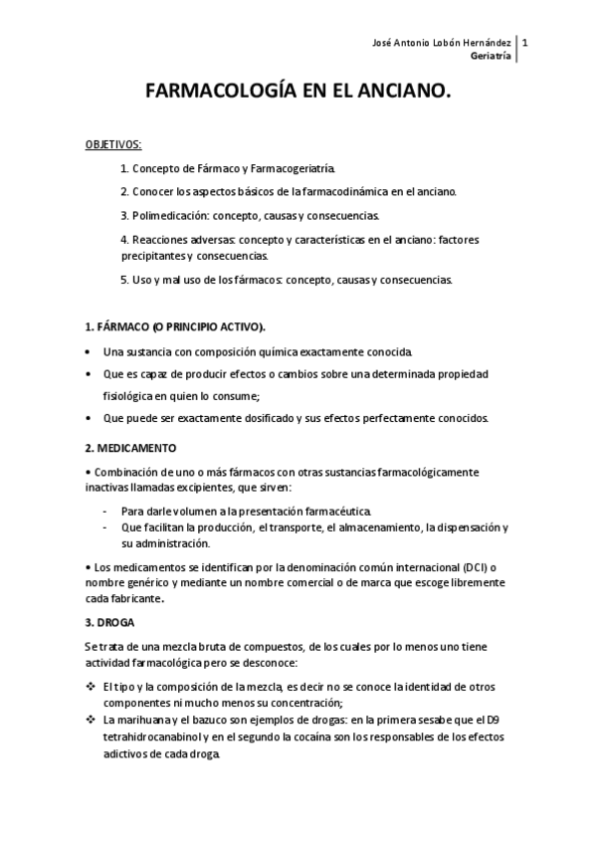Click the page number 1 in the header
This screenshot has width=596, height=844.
tap(525, 43)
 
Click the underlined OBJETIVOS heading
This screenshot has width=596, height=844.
tap(112, 144)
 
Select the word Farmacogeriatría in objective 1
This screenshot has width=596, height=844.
tap(296, 169)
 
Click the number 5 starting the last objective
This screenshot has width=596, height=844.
tap(122, 280)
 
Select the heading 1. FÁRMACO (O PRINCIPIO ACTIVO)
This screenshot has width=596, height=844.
tap(175, 326)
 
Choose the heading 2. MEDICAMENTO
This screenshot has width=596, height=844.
tap(130, 448)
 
